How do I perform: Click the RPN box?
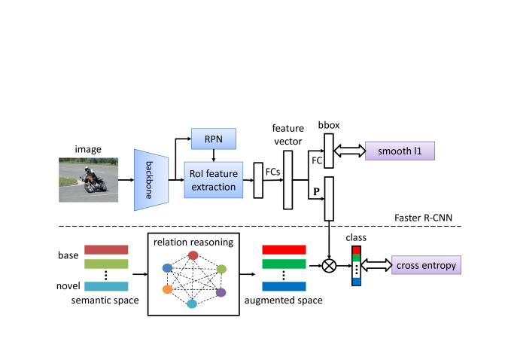point(214,139)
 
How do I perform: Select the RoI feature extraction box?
point(214,180)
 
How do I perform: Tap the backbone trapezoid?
point(151,180)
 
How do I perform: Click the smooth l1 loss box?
point(400,151)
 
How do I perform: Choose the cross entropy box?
point(426,265)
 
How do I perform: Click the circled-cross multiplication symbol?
point(329,266)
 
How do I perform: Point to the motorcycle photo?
point(89,180)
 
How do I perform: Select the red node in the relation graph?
point(193,255)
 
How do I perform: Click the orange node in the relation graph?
point(168,289)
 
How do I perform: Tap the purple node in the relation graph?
point(221,292)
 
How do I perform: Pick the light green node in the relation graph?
point(221,269)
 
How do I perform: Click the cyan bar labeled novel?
point(106,286)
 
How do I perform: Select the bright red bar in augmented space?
point(284,250)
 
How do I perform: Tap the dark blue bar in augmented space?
point(284,286)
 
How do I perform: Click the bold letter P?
point(317,191)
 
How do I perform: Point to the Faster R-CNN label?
point(423,218)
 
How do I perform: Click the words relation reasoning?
point(193,243)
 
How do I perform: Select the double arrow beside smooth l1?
point(349,151)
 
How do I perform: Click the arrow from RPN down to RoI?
point(214,156)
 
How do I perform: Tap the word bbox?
point(329,125)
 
